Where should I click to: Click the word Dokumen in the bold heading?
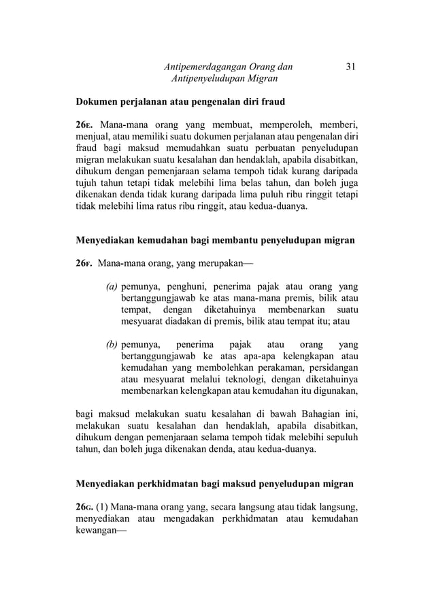click(96, 103)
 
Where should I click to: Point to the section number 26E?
click(84, 126)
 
